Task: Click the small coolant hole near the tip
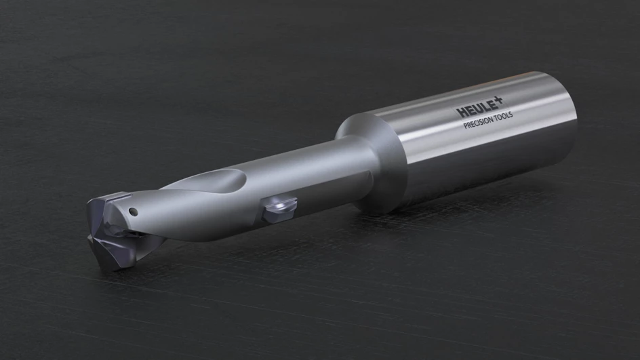[133, 212]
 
